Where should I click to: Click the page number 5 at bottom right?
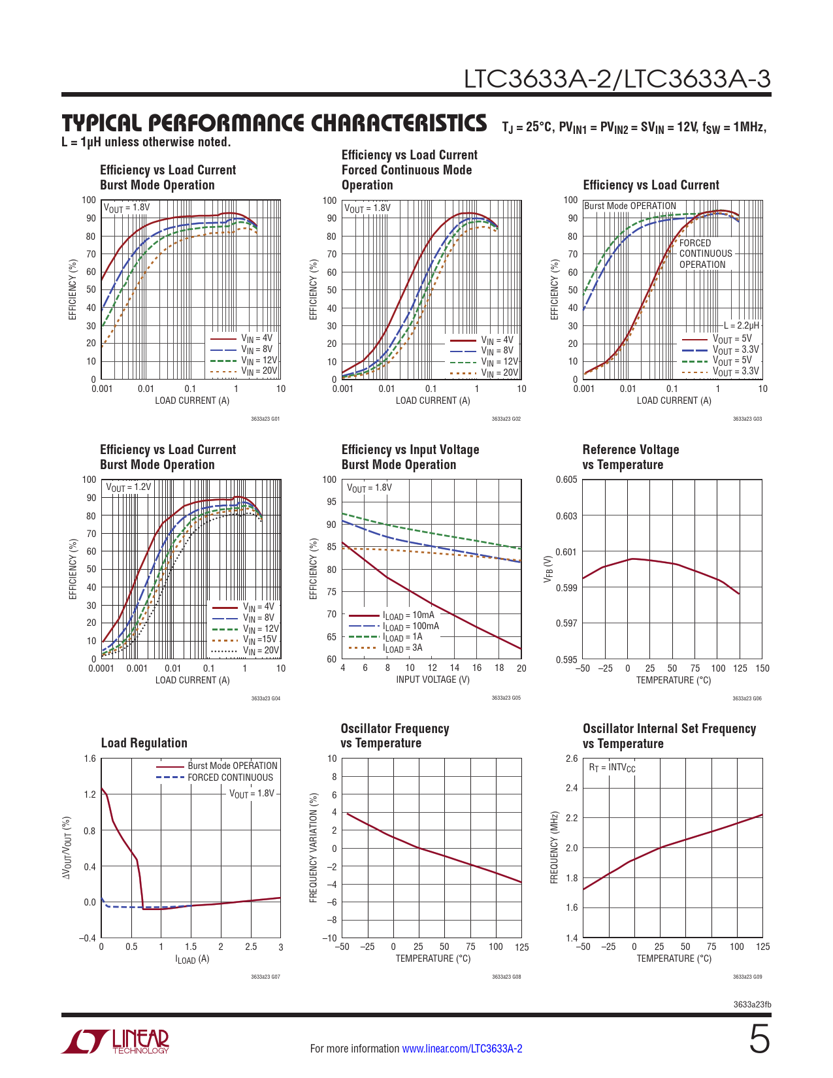pos(759,1039)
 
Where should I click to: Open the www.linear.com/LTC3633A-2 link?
pos(462,1049)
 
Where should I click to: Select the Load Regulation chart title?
pos(144,743)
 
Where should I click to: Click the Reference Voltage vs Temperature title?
pos(630,457)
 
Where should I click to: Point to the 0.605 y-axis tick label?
pos(566,480)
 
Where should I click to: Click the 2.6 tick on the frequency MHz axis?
pos(571,759)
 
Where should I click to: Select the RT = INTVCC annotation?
pos(612,768)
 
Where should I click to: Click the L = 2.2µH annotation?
pos(742,325)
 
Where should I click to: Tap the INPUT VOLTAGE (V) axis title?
pos(433,679)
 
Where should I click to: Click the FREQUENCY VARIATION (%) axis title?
pos(314,848)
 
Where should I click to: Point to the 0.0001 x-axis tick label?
pos(101,668)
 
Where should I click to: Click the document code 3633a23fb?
pos(752,1004)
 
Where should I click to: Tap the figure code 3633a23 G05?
pos(506,698)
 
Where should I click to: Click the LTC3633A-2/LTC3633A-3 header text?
pos(617,79)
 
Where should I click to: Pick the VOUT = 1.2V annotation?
pos(128,487)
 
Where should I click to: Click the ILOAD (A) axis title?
pos(192,959)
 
